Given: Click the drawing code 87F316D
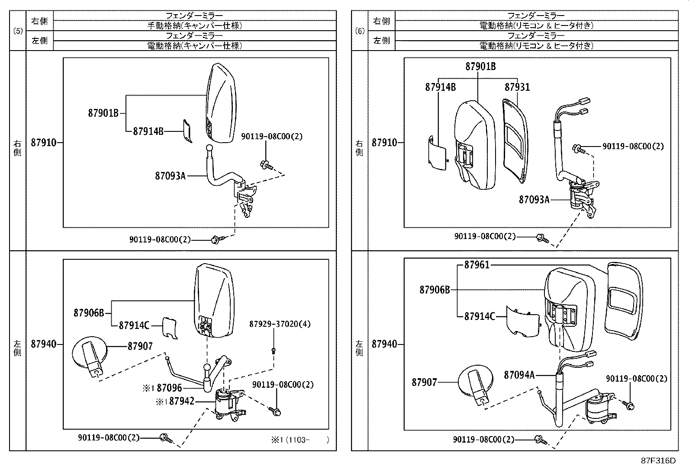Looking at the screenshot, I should [658, 461].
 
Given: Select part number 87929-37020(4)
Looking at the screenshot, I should [280, 324].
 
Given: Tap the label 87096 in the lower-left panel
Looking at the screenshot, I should [169, 388].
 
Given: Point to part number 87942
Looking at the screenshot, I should [181, 402].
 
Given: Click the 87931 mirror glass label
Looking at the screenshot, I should [517, 87].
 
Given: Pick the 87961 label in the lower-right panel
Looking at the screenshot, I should [477, 265].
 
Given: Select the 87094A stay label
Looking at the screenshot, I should [519, 375].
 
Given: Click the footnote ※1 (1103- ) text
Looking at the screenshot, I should [299, 440].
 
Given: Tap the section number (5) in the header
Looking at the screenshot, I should [18, 31].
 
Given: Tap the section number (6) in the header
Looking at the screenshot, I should [359, 31].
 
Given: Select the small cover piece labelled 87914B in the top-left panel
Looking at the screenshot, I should [187, 131].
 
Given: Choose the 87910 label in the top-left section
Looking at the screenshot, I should [43, 143].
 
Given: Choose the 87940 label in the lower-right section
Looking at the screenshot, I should [384, 344].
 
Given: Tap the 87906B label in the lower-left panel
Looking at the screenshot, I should [89, 313].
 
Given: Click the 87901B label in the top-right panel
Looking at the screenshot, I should [480, 67].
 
